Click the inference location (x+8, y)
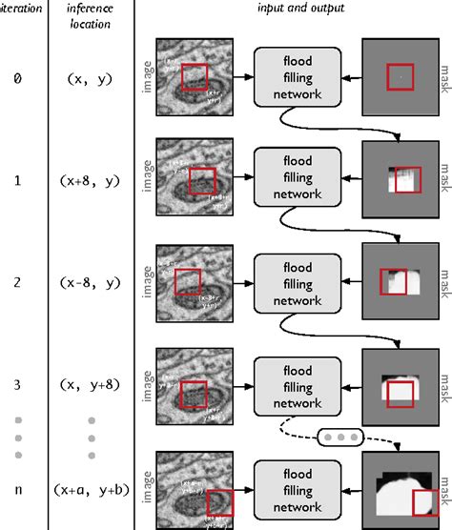tap(90, 179)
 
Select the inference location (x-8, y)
tap(90, 283)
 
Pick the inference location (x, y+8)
tap(90, 386)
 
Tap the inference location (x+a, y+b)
tap(90, 490)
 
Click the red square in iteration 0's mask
tap(400, 74)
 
